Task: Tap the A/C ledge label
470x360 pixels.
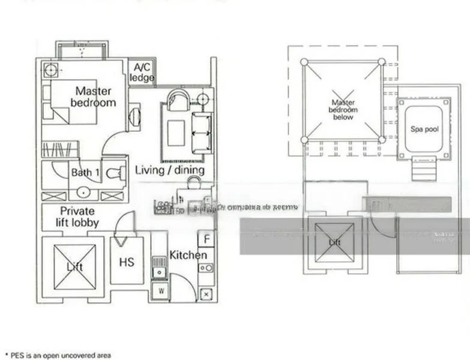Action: coord(142,72)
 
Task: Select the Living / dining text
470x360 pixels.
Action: coord(169,170)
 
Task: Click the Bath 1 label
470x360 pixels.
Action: coord(85,173)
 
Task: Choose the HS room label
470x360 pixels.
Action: coord(127,262)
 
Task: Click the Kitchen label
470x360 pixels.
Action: coord(188,255)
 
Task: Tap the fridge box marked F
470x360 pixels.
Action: coord(206,239)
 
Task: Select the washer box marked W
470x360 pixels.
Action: coord(160,292)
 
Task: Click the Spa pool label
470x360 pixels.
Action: coord(423,128)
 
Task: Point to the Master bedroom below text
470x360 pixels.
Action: coord(343,110)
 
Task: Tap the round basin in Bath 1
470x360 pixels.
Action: coord(83,193)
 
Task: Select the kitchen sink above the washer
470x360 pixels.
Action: coord(160,267)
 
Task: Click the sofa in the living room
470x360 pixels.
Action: coord(201,133)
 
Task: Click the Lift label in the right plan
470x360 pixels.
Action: coord(334,242)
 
